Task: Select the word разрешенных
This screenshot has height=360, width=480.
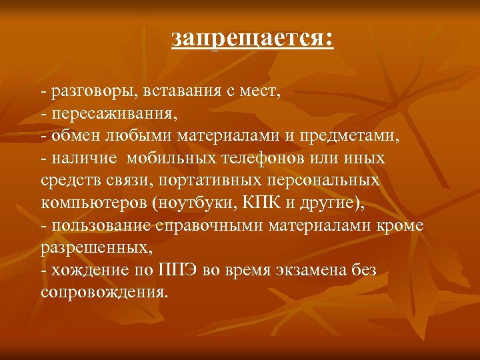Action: [x=94, y=249]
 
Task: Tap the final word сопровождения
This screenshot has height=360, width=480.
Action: [x=103, y=293]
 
